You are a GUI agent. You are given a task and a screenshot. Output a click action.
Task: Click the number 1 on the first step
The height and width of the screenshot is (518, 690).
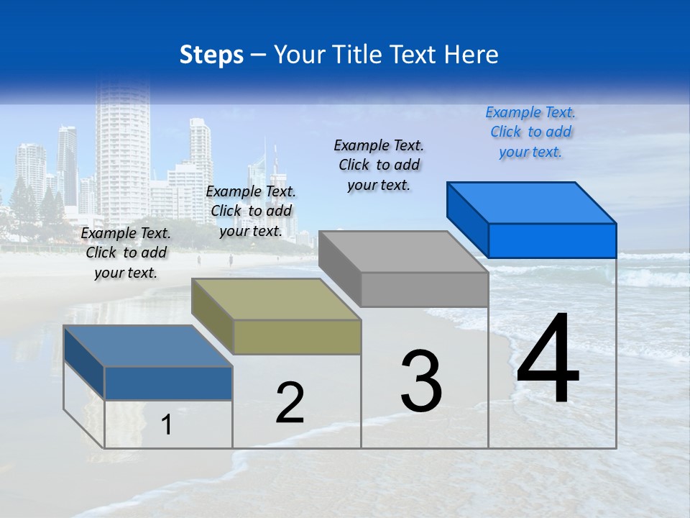point(167,425)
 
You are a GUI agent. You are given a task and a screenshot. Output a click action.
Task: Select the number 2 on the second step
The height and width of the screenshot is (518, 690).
point(290,403)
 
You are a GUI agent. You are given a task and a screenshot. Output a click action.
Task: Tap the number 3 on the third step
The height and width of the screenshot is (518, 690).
point(421,381)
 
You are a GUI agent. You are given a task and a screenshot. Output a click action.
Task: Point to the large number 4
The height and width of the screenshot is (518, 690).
point(548,359)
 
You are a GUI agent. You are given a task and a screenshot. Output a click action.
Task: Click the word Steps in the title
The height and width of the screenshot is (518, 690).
point(211,55)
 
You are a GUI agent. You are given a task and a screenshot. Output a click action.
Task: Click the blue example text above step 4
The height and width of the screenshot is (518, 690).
point(530,132)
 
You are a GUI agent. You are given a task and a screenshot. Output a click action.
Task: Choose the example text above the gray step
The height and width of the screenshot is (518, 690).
point(379,165)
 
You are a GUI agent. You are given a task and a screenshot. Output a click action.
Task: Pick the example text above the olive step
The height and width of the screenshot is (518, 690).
point(251,211)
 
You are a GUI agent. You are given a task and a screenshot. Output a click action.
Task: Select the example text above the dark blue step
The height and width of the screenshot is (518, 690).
point(126,253)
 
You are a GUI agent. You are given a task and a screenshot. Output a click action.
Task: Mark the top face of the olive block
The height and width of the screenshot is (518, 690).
point(276,299)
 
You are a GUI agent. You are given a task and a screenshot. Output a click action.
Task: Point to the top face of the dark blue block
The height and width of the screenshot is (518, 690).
point(148,346)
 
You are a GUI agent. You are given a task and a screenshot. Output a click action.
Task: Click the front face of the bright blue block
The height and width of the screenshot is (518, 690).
point(552,240)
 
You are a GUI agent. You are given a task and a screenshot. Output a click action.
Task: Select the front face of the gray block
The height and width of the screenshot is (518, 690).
point(424,290)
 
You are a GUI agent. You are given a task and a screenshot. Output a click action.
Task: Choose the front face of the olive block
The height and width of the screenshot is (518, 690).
point(297,337)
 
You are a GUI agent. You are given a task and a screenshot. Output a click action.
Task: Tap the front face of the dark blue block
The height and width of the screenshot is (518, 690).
point(168,383)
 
